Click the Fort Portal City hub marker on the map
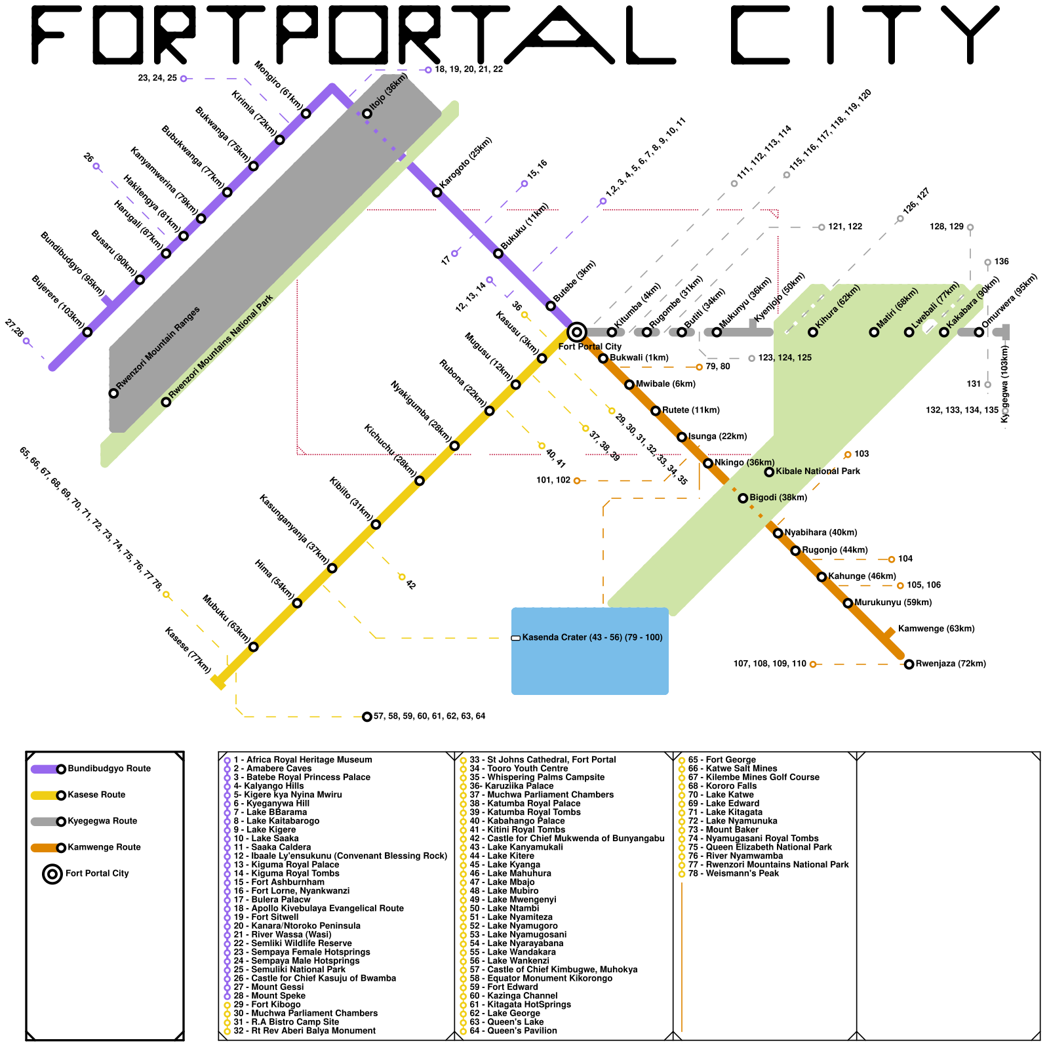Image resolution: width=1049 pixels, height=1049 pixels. [x=576, y=332]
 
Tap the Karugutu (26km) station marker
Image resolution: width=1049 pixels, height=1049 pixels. [x=437, y=192]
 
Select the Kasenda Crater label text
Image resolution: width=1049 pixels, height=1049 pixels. [x=591, y=637]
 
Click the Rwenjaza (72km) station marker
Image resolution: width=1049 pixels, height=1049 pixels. [x=909, y=664]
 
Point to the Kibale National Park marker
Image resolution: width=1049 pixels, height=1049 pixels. [x=769, y=472]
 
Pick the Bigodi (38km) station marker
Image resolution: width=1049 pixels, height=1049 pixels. [x=743, y=498]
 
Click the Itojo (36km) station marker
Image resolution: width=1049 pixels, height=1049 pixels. [x=367, y=113]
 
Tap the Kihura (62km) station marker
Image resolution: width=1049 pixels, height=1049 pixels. [x=813, y=332]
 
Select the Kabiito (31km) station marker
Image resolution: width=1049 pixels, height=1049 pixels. [x=376, y=524]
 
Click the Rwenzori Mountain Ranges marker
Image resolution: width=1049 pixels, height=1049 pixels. [x=113, y=393]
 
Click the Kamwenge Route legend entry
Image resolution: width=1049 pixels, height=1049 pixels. [x=98, y=847]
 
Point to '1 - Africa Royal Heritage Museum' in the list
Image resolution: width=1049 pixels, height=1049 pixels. [x=302, y=760]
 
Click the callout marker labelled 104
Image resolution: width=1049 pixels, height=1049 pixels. [x=891, y=559]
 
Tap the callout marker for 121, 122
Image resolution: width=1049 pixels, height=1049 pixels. [x=821, y=227]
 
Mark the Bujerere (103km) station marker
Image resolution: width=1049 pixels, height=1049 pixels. [x=87, y=332]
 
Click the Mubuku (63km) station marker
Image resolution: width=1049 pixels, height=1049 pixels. [x=254, y=647]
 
